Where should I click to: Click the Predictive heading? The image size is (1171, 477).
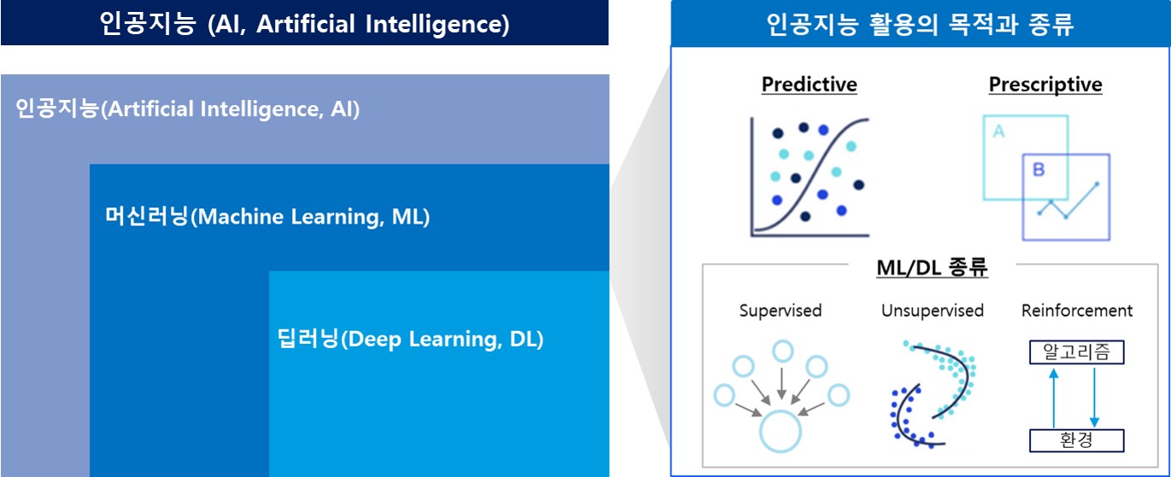pos(809,84)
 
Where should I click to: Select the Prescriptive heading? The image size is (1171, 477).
pos(1045,84)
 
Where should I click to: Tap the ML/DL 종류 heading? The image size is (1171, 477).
pos(932,267)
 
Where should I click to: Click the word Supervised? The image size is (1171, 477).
pos(781,311)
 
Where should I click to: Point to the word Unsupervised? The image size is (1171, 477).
pos(933,311)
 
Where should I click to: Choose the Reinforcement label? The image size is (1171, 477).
pos(1077,311)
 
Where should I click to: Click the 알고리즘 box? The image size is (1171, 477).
pos(1077,352)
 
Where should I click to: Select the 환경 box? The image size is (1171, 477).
pos(1077,440)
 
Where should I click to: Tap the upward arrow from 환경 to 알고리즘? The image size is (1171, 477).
pos(1054,398)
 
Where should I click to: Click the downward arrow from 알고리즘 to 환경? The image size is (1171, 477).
pos(1094,397)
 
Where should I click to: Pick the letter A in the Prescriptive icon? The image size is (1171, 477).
pos(998,131)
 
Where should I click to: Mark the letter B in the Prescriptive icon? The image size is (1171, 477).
pos(1039,169)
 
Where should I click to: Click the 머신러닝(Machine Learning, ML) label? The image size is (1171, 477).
pos(267,216)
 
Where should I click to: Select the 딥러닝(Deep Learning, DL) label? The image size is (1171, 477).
pos(410,339)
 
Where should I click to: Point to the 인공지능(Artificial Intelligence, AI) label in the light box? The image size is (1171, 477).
pos(188,108)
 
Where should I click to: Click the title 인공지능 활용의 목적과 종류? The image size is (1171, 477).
pos(920,24)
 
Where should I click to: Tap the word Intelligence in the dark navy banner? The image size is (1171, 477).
pos(437,24)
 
